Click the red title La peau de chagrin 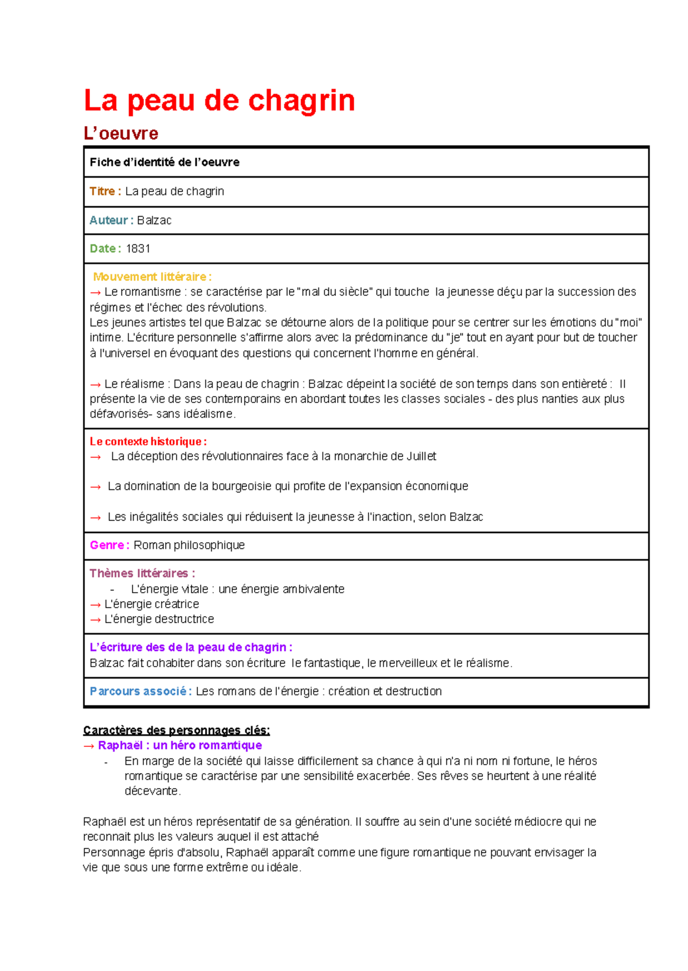(219, 101)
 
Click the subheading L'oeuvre (120, 134)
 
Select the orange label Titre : (105, 191)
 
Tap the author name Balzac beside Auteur (154, 221)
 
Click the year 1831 (138, 249)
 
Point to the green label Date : (105, 249)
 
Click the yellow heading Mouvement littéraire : (152, 277)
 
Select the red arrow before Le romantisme (95, 292)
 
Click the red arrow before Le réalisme (95, 384)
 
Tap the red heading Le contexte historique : (148, 442)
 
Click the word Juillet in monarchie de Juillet (421, 456)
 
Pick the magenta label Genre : (109, 545)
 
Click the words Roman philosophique (189, 545)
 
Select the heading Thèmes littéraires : (142, 573)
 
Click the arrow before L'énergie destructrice (95, 620)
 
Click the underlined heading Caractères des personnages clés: (176, 730)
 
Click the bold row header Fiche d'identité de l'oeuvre (165, 162)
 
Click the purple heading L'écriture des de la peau (191, 647)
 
